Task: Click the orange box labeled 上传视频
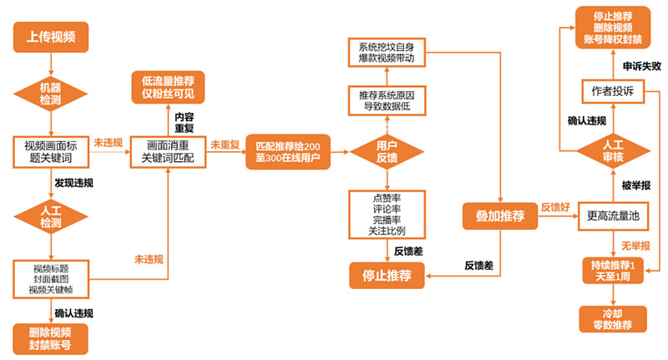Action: pyautogui.click(x=51, y=36)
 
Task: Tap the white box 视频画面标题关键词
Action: pyautogui.click(x=51, y=150)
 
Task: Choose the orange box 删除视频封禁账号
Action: pyautogui.click(x=51, y=337)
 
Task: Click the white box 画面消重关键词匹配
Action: pyautogui.click(x=168, y=151)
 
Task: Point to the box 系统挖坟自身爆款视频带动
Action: pyautogui.click(x=386, y=52)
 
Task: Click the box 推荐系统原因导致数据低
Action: pyautogui.click(x=386, y=100)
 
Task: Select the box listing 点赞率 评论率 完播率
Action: pyautogui.click(x=386, y=213)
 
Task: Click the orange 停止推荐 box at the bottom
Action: pyautogui.click(x=386, y=273)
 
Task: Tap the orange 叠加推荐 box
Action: pyautogui.click(x=500, y=216)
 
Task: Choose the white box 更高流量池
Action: pyautogui.click(x=613, y=216)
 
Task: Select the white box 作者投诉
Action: pyautogui.click(x=613, y=91)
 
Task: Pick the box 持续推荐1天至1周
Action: pyautogui.click(x=613, y=271)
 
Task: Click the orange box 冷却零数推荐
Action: pyautogui.click(x=613, y=319)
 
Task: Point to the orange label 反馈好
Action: pyautogui.click(x=557, y=206)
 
